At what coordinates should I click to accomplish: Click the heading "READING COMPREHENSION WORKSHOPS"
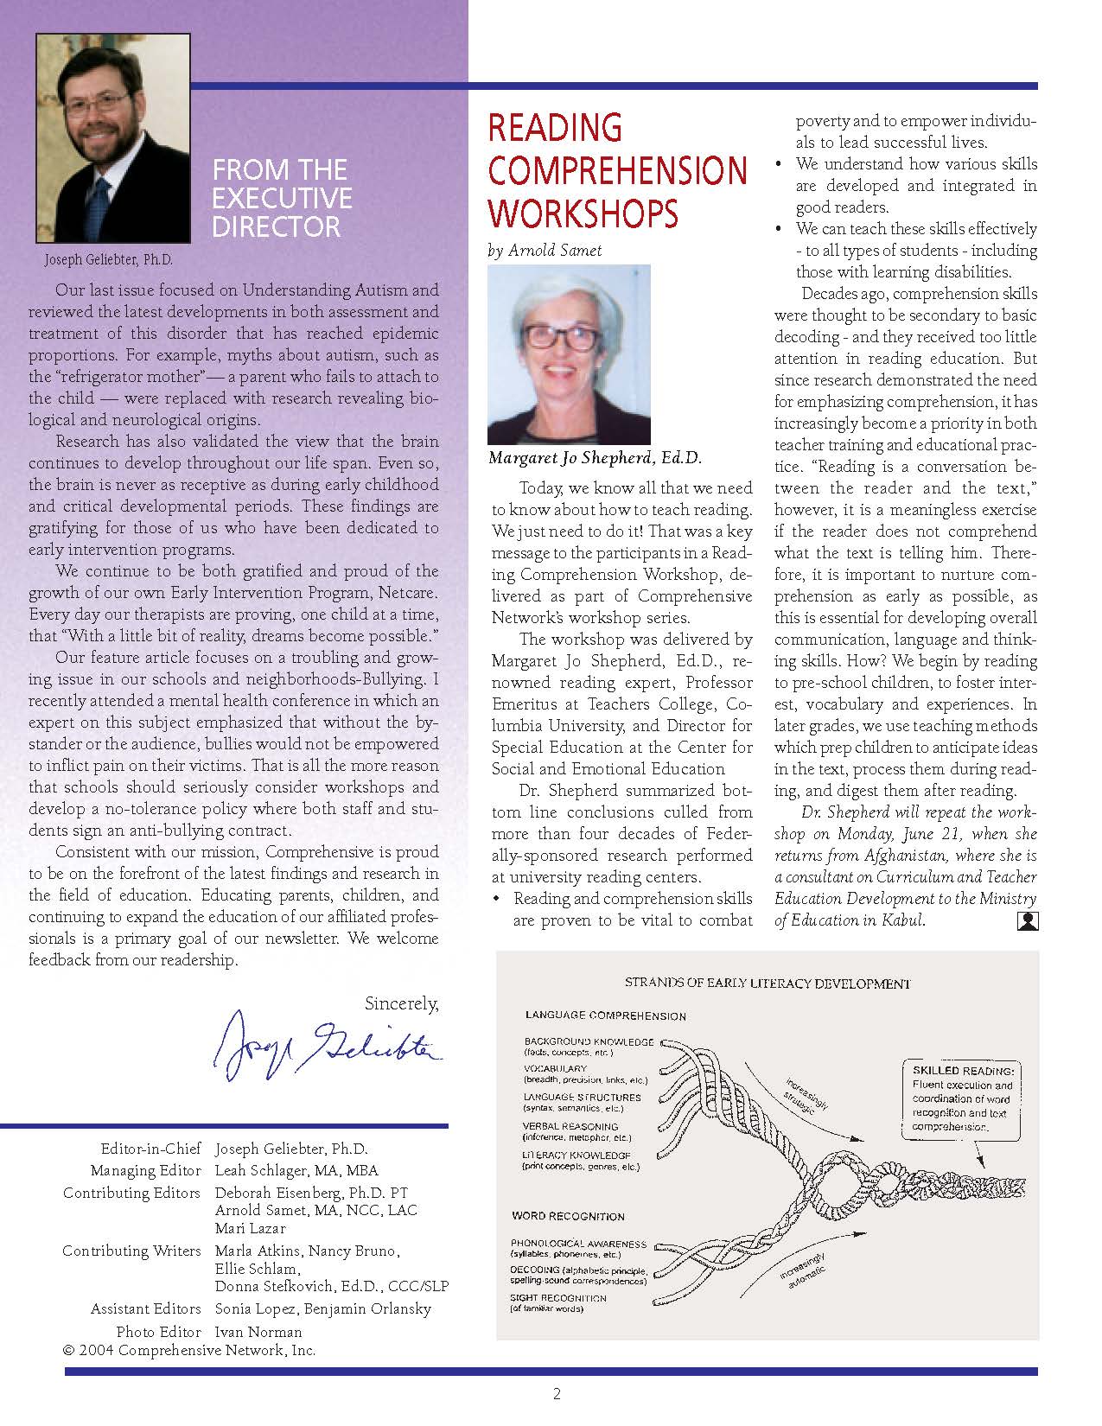point(617,170)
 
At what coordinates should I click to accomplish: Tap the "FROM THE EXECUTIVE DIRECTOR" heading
point(283,198)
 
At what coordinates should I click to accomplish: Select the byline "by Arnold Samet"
point(545,251)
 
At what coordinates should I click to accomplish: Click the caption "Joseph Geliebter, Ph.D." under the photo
point(108,258)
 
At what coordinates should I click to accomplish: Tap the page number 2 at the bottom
point(557,1393)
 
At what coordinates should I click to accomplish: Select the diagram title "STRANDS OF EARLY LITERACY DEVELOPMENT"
point(768,983)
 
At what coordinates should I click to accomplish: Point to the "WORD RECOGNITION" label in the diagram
point(568,1216)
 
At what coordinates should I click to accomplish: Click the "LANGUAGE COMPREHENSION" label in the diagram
point(605,1015)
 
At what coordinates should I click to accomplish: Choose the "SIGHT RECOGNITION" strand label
point(558,1298)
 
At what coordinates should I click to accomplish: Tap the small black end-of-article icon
point(1028,921)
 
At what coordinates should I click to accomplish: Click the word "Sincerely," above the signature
point(401,1003)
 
